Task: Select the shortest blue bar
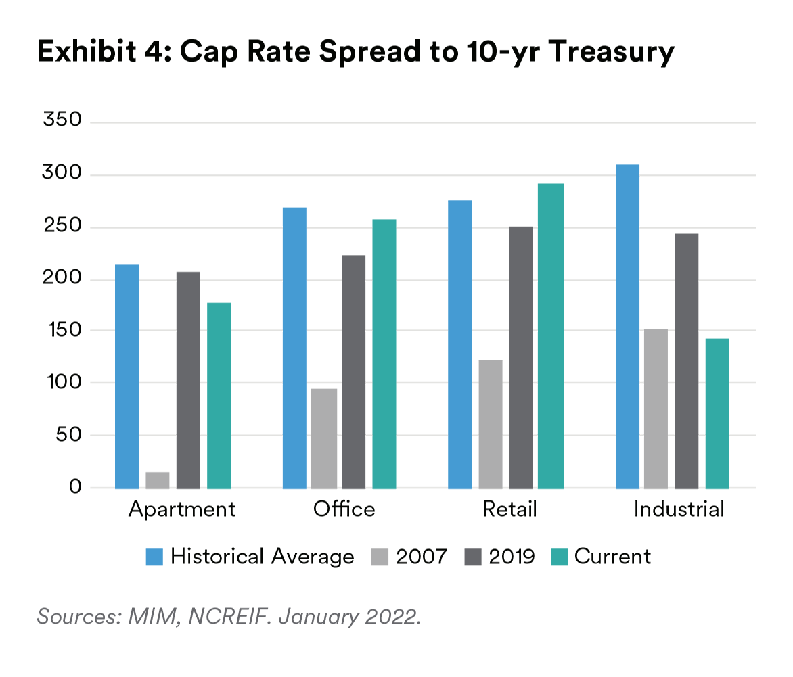pyautogui.click(x=125, y=372)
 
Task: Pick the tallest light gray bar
pyautogui.click(x=656, y=406)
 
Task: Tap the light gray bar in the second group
pyautogui.click(x=323, y=440)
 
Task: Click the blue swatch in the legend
pyautogui.click(x=152, y=561)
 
